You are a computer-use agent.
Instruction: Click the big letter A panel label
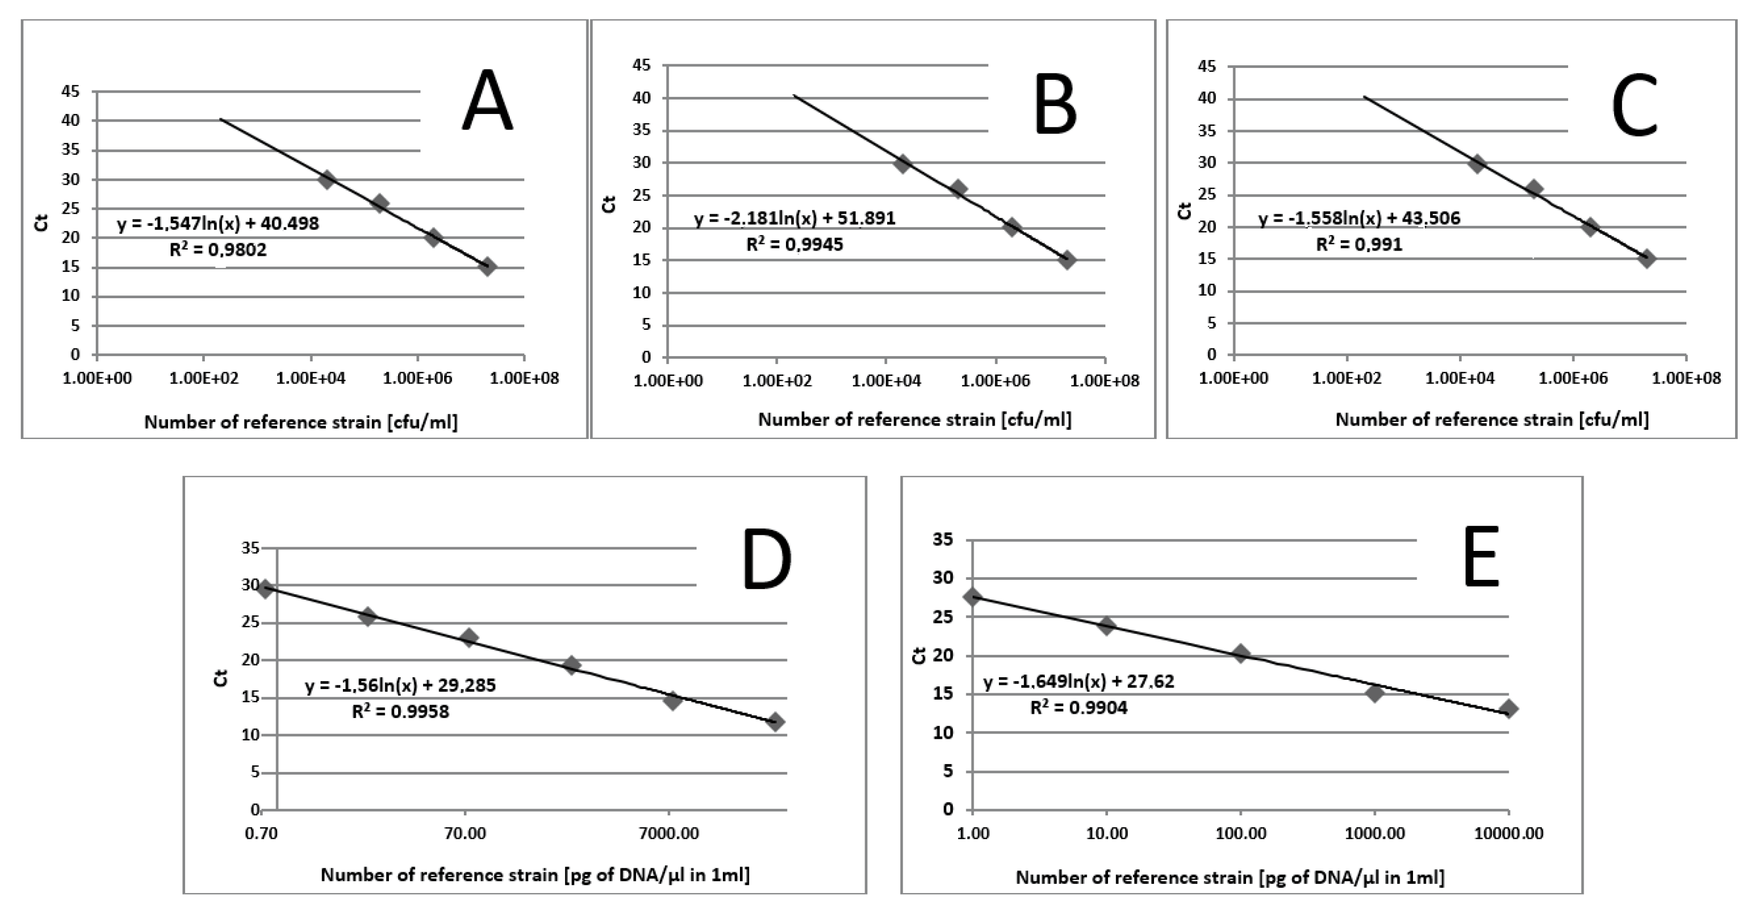click(487, 101)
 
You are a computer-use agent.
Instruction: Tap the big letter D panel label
click(766, 559)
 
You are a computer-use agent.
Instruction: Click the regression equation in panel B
click(795, 218)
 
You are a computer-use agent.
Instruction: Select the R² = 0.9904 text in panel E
click(1079, 708)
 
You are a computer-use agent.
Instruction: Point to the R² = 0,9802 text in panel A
click(218, 249)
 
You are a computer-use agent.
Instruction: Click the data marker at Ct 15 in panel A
click(487, 266)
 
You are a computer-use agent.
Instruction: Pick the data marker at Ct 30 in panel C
click(1477, 163)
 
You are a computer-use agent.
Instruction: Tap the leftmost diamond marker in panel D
click(265, 589)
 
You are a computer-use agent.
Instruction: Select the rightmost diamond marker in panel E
click(1509, 708)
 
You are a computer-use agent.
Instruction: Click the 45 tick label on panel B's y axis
click(643, 65)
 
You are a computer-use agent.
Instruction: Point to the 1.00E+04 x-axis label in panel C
click(1460, 378)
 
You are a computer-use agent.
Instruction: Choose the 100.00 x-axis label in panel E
click(1241, 834)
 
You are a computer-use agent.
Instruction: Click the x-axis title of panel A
click(301, 422)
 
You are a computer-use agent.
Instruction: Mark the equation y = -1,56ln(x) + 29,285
click(400, 685)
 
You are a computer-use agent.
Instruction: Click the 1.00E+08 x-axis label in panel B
click(1105, 381)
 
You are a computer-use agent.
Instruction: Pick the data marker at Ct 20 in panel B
click(1012, 227)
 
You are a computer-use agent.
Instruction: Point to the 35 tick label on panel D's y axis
click(250, 548)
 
